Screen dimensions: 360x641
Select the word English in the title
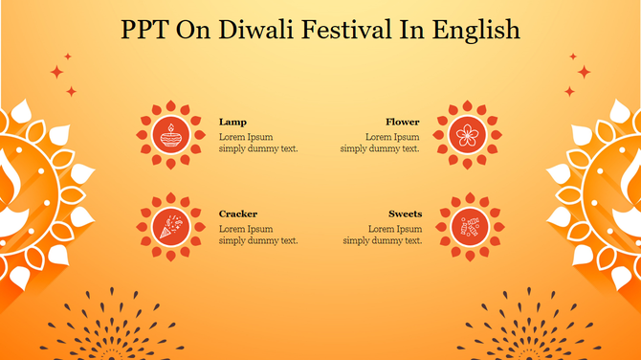(x=476, y=31)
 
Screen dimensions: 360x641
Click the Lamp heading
(x=232, y=123)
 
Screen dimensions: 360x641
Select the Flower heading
(x=403, y=123)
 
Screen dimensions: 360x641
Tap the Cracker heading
(x=238, y=214)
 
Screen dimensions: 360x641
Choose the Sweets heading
(x=405, y=214)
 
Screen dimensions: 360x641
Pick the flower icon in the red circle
(x=468, y=134)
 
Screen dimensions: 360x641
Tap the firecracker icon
(x=171, y=226)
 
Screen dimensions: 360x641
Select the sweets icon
(x=469, y=227)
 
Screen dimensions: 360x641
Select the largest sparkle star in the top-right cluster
(x=584, y=72)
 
